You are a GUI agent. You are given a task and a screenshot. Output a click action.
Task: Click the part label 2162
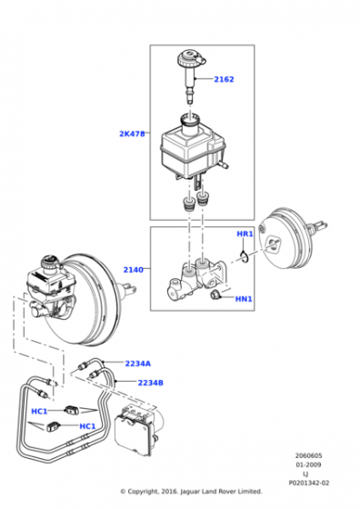(224, 79)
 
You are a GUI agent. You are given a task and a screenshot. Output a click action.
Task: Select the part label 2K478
(132, 134)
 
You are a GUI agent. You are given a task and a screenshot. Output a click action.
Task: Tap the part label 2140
(133, 269)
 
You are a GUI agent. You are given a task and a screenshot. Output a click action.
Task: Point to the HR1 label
(245, 234)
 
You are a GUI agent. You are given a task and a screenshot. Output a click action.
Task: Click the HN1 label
(244, 299)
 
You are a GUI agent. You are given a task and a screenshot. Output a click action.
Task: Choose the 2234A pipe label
(138, 364)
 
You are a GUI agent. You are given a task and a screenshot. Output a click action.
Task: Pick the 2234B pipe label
(151, 383)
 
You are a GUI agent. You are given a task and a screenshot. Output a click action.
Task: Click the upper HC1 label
(39, 411)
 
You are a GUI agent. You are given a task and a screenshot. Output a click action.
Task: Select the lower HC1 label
(87, 426)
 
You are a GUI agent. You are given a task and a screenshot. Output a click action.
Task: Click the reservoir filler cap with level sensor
(191, 76)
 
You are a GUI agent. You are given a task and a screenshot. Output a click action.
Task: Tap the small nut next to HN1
(215, 295)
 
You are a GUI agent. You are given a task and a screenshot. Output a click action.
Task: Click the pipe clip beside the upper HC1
(72, 410)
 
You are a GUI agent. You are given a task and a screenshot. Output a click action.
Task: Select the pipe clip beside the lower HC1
(53, 426)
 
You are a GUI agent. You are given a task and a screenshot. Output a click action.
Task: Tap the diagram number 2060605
(308, 455)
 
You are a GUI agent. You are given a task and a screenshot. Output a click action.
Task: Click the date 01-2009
(308, 464)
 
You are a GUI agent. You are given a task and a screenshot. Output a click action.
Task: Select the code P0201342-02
(309, 483)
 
